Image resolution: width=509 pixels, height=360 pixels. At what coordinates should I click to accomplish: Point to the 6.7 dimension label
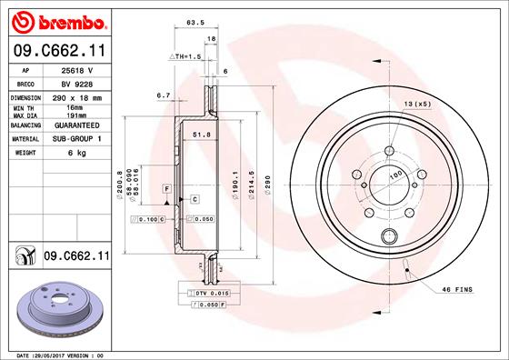click(164, 94)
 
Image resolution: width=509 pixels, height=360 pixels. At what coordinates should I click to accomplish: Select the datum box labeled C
click(194, 197)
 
